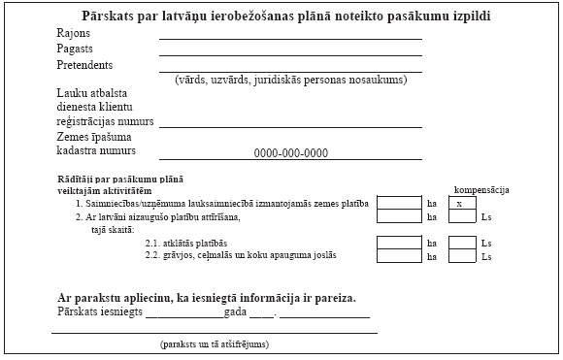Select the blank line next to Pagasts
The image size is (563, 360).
[290, 54]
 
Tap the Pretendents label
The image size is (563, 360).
[83, 65]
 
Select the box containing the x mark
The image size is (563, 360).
[462, 204]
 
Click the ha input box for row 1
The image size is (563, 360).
[399, 204]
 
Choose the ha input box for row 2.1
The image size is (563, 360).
[399, 242]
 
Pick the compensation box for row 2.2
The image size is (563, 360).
[462, 256]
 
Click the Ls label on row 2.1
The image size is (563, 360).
[486, 243]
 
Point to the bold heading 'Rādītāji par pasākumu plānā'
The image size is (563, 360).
[120, 180]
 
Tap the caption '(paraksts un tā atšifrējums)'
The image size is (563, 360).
[215, 344]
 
